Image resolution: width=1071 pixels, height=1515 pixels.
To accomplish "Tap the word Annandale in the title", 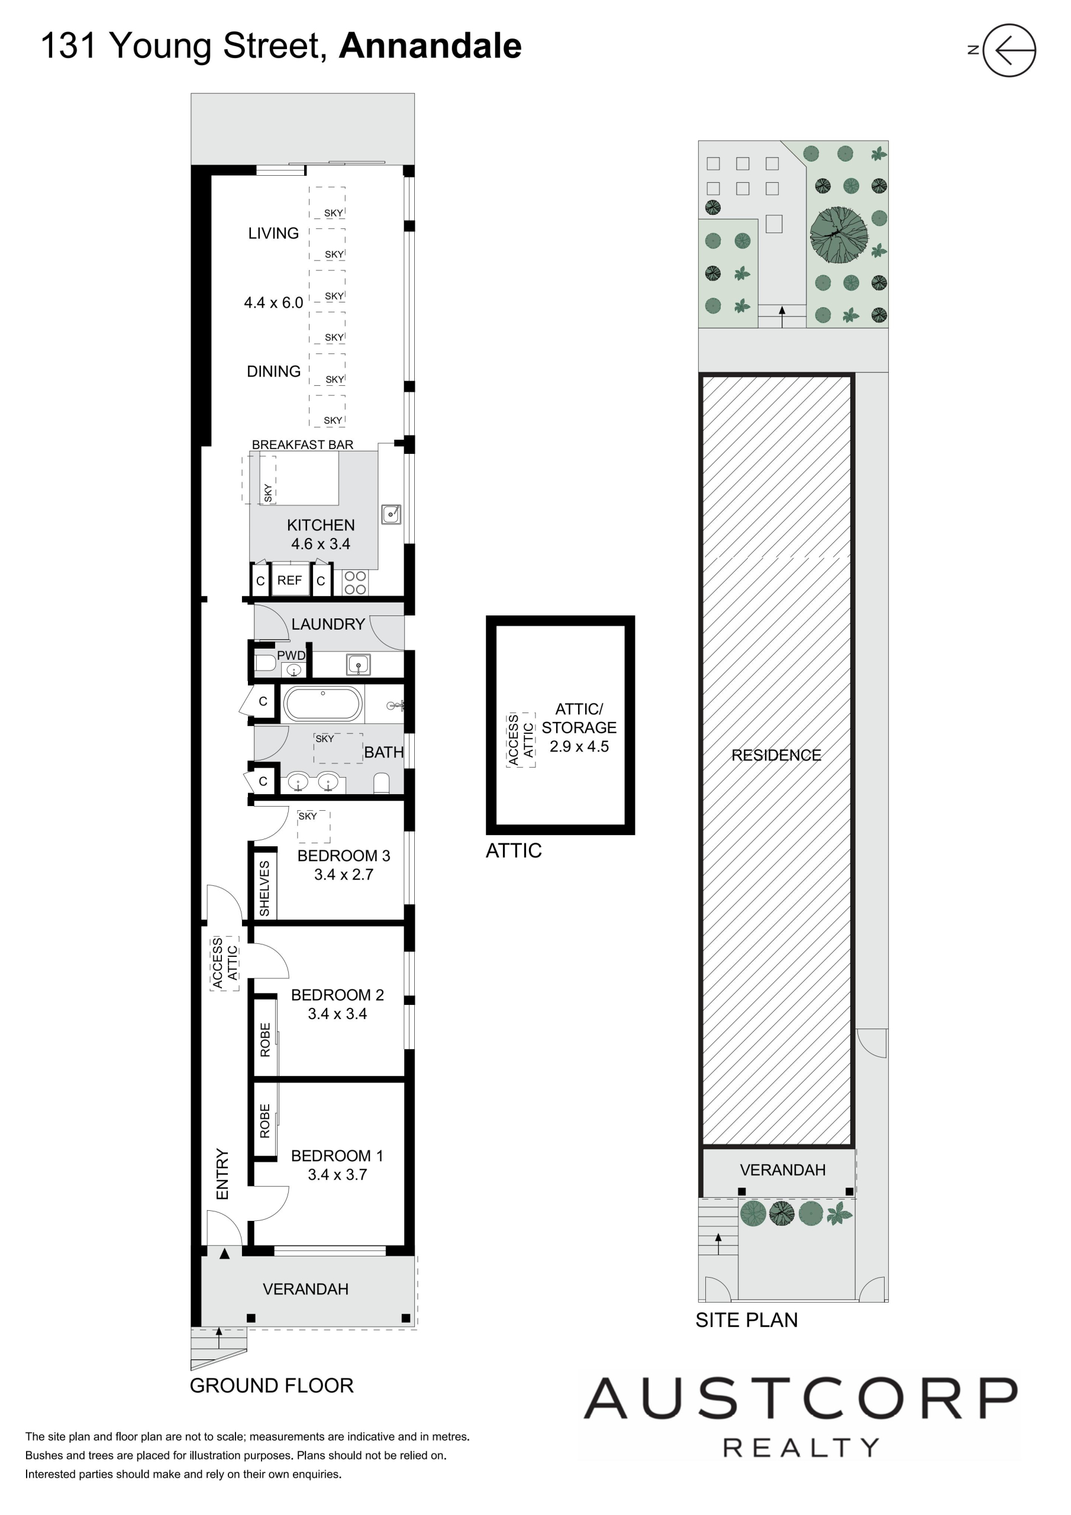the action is pyautogui.click(x=430, y=46).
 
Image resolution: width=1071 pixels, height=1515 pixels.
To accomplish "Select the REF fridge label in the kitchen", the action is pyautogui.click(x=290, y=580).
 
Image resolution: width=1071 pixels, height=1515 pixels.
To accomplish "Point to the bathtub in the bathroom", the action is pyautogui.click(x=322, y=704).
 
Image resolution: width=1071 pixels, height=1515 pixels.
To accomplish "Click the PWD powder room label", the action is pyautogui.click(x=291, y=655).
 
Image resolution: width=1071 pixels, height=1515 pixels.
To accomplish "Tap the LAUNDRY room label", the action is pyautogui.click(x=328, y=624).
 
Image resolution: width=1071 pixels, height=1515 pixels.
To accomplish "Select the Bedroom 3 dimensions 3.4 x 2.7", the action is pyautogui.click(x=344, y=874).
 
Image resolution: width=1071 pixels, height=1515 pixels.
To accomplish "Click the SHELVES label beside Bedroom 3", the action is pyautogui.click(x=264, y=888).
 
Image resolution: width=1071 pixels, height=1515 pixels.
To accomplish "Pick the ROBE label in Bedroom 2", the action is pyautogui.click(x=265, y=1040).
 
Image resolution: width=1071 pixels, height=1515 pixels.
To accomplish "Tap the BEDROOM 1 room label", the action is pyautogui.click(x=337, y=1155).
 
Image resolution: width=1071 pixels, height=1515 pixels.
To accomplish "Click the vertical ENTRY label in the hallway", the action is pyautogui.click(x=222, y=1174).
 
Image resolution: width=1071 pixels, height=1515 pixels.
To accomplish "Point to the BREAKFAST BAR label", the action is pyautogui.click(x=303, y=444).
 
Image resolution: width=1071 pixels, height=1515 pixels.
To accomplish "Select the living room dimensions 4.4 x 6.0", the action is pyautogui.click(x=274, y=303).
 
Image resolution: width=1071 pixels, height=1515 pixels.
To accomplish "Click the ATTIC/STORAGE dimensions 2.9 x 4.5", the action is pyautogui.click(x=579, y=746).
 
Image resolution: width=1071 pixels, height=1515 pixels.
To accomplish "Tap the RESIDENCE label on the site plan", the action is pyautogui.click(x=776, y=755).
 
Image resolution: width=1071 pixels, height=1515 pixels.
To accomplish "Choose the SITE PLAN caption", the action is pyautogui.click(x=746, y=1320).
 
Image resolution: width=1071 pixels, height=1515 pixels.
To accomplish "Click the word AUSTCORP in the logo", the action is pyautogui.click(x=801, y=1398).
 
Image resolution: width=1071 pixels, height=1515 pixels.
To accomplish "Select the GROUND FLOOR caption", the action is pyautogui.click(x=272, y=1385).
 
